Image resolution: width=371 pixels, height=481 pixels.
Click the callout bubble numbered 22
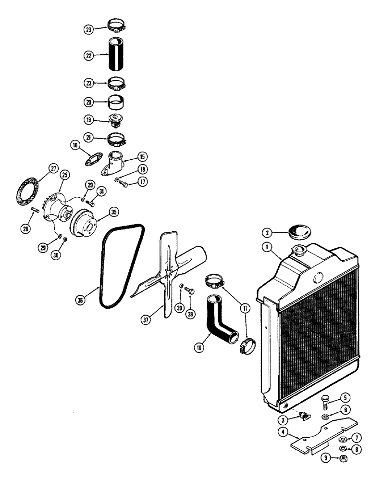(88, 55)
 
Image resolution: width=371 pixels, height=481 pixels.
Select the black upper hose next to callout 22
(116, 55)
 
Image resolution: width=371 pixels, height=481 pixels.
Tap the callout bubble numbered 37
(145, 318)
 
